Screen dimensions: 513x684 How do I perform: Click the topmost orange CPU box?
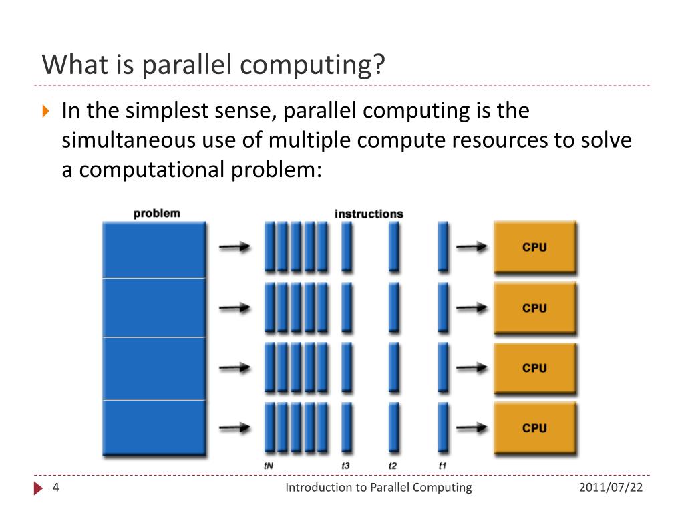tap(534, 247)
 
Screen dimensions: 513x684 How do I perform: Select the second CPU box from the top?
tap(534, 308)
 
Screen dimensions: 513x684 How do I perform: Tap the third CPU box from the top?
tap(534, 368)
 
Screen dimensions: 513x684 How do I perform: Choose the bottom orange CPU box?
tap(534, 428)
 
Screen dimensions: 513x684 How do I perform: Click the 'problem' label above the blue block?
tap(157, 214)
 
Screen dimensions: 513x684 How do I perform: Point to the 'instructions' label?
tap(369, 214)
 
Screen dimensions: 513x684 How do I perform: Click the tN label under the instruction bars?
tap(269, 465)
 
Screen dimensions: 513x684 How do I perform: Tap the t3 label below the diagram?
tap(346, 465)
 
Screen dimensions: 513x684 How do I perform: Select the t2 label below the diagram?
tap(393, 465)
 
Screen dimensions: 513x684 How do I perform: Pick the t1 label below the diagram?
tap(442, 465)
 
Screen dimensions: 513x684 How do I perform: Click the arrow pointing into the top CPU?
tap(472, 247)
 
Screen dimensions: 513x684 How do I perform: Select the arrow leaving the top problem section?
tap(235, 247)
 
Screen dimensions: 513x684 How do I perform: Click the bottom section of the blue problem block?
tap(154, 429)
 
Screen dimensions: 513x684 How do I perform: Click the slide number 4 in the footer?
tap(56, 488)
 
